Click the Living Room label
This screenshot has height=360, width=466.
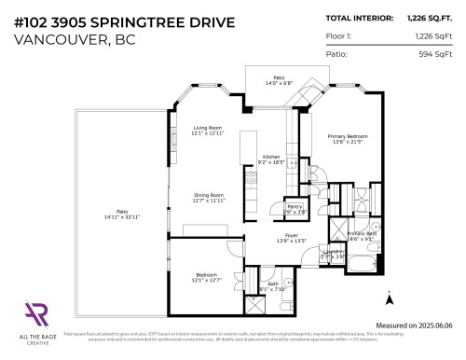point(208,130)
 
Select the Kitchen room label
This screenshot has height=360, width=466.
point(271,159)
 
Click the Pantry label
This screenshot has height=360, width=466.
point(294,209)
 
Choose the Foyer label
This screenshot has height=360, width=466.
point(292,237)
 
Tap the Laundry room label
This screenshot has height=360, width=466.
point(333,253)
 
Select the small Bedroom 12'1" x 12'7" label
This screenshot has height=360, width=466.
point(208,277)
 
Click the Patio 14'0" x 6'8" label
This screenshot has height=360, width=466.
point(278,80)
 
